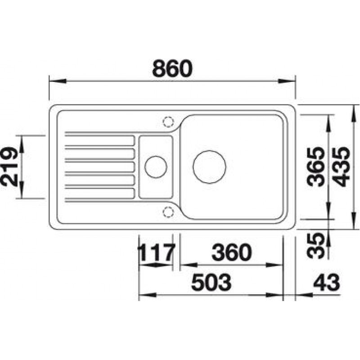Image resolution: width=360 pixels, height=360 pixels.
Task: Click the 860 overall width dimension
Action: [172, 68]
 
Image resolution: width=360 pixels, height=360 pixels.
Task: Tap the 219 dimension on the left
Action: [9, 166]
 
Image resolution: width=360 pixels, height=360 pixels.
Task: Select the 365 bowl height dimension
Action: [316, 166]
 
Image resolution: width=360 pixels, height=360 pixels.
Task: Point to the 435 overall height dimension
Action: [341, 166]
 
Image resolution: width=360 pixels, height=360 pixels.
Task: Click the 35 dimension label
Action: [315, 245]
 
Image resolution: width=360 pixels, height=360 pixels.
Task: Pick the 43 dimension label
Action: [326, 282]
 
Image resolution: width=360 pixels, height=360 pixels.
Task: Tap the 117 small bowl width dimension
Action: [157, 252]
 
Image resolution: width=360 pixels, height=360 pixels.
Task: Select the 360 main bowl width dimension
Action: [231, 252]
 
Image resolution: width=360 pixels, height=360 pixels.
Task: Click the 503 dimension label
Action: [211, 282]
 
